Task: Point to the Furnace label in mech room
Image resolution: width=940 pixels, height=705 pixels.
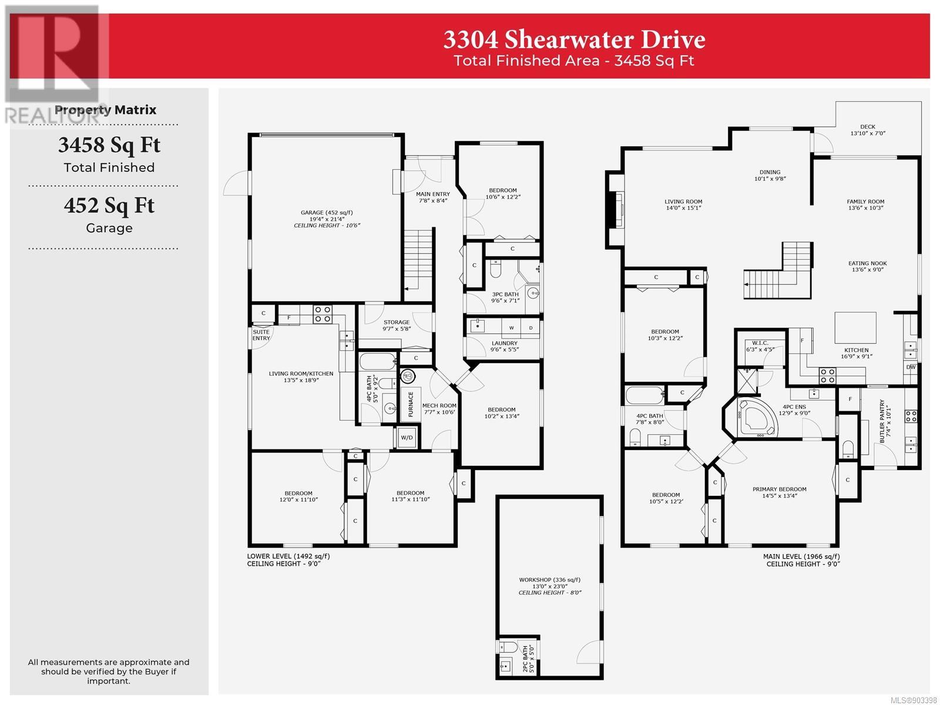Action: pyautogui.click(x=411, y=404)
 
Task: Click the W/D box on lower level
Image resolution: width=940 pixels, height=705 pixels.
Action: pyautogui.click(x=407, y=438)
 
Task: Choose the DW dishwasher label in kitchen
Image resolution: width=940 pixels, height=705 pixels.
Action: pyautogui.click(x=911, y=367)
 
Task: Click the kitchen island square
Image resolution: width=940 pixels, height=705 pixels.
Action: pyautogui.click(x=855, y=328)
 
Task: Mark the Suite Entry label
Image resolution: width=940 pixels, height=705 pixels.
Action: pyautogui.click(x=261, y=335)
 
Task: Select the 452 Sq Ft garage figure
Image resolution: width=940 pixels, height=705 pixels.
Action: pyautogui.click(x=109, y=206)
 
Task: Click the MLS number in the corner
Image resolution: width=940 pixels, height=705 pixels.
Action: pyautogui.click(x=914, y=700)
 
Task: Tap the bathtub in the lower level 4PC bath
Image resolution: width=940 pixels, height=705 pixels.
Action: pyautogui.click(x=378, y=361)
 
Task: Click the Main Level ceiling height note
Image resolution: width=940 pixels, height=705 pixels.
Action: pyautogui.click(x=803, y=564)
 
